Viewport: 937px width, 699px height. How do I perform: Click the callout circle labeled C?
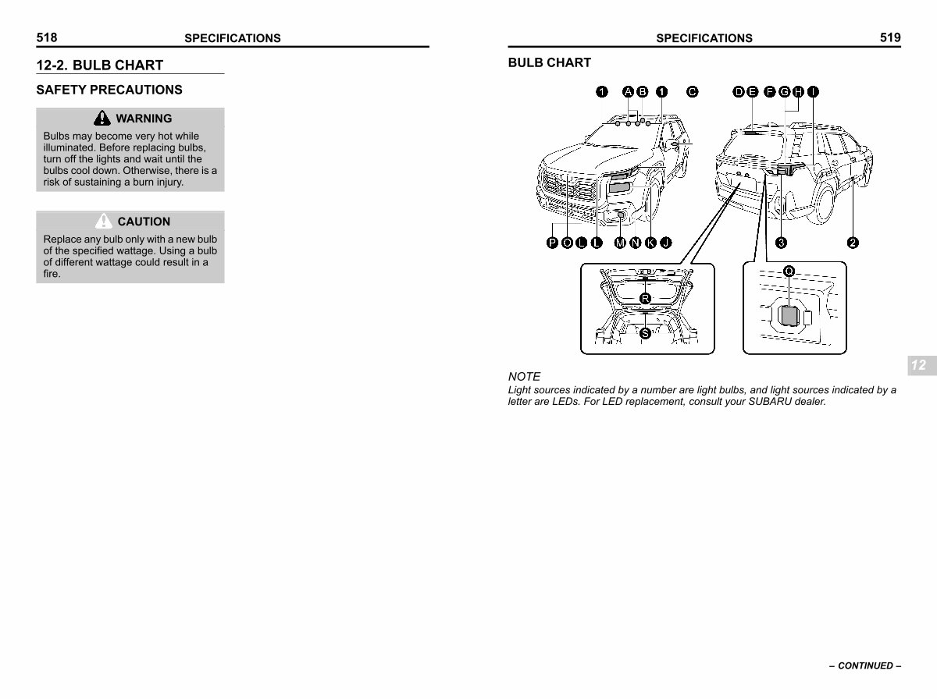pos(693,92)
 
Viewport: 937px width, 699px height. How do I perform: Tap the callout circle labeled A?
pos(628,92)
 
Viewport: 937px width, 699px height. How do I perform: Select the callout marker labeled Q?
pos(789,271)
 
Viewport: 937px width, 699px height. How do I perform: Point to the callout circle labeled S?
pos(646,333)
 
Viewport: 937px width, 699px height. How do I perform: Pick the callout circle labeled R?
pos(646,299)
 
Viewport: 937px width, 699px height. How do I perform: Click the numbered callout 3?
pos(781,243)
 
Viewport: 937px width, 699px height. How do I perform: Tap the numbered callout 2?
pos(853,243)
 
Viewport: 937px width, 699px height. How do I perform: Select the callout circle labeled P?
pos(552,243)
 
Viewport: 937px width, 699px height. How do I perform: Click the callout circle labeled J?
pos(666,243)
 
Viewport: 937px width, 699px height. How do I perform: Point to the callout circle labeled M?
pos(620,243)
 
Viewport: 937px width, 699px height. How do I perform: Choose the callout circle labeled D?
pos(739,92)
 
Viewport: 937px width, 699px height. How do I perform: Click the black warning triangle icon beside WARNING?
pos(102,118)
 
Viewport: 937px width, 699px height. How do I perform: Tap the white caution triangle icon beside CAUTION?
pos(103,221)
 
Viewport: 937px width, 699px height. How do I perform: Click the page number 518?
pos(47,37)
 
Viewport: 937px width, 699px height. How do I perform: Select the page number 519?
pos(890,37)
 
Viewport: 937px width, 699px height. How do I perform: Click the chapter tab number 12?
pos(918,365)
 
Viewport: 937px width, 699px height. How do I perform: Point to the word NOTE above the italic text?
pos(524,377)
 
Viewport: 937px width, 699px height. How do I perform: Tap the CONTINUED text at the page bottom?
pos(865,665)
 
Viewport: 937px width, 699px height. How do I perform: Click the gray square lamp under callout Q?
pos(789,316)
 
